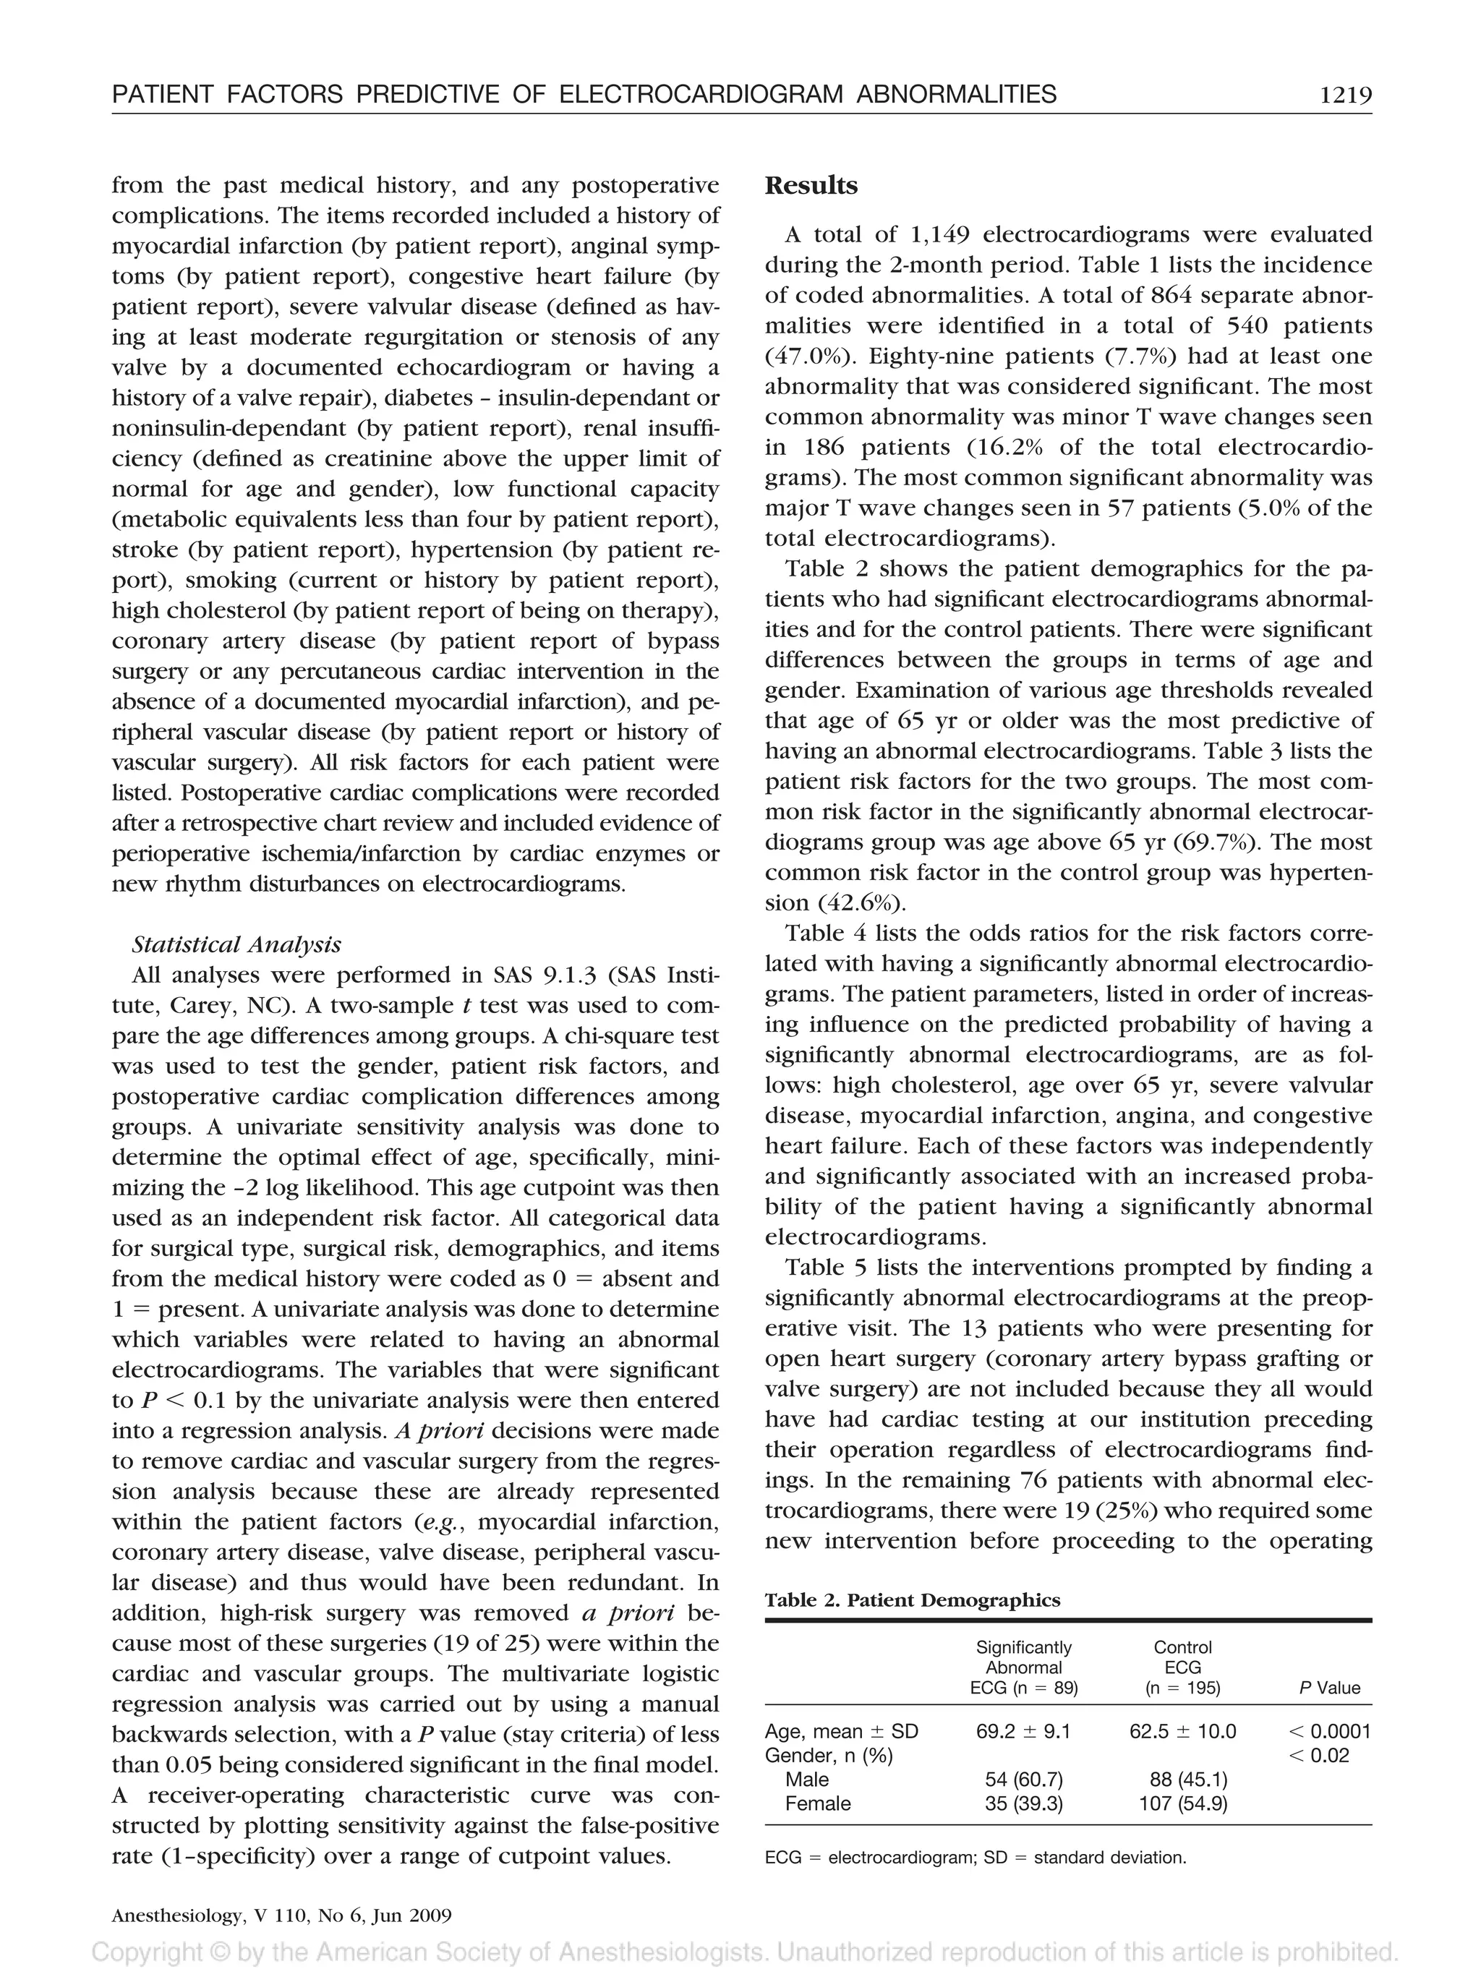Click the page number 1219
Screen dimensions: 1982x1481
click(x=1345, y=95)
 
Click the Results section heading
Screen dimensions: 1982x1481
click(x=811, y=186)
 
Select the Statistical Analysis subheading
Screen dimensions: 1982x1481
click(x=236, y=944)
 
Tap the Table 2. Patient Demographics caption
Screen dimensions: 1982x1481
click(x=912, y=1600)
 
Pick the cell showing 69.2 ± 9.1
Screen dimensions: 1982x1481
click(x=1023, y=1732)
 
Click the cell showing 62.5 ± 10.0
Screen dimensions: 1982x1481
click(x=1182, y=1732)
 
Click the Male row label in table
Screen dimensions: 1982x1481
click(x=806, y=1780)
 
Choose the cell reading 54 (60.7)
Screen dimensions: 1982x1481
click(x=1023, y=1780)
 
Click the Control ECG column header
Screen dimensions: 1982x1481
click(x=1182, y=1667)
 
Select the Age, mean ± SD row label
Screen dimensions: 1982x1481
click(x=841, y=1732)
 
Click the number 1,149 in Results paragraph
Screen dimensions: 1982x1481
click(x=939, y=235)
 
